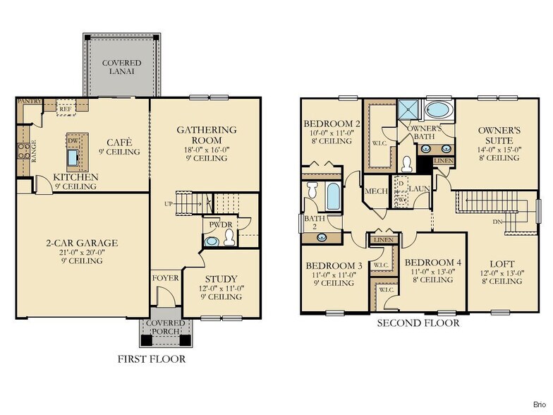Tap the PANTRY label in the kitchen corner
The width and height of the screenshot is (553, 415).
pos(29,102)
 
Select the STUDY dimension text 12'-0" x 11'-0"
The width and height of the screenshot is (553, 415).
pos(221,288)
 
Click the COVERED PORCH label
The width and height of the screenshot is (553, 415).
pos(165,328)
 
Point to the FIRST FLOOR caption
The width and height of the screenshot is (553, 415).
pos(151,359)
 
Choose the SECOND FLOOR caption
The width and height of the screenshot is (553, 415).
pos(418,323)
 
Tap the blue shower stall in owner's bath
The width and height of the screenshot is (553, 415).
pos(407,109)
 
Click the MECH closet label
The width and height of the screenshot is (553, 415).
pos(374,191)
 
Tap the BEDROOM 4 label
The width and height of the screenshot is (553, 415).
pos(433,262)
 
